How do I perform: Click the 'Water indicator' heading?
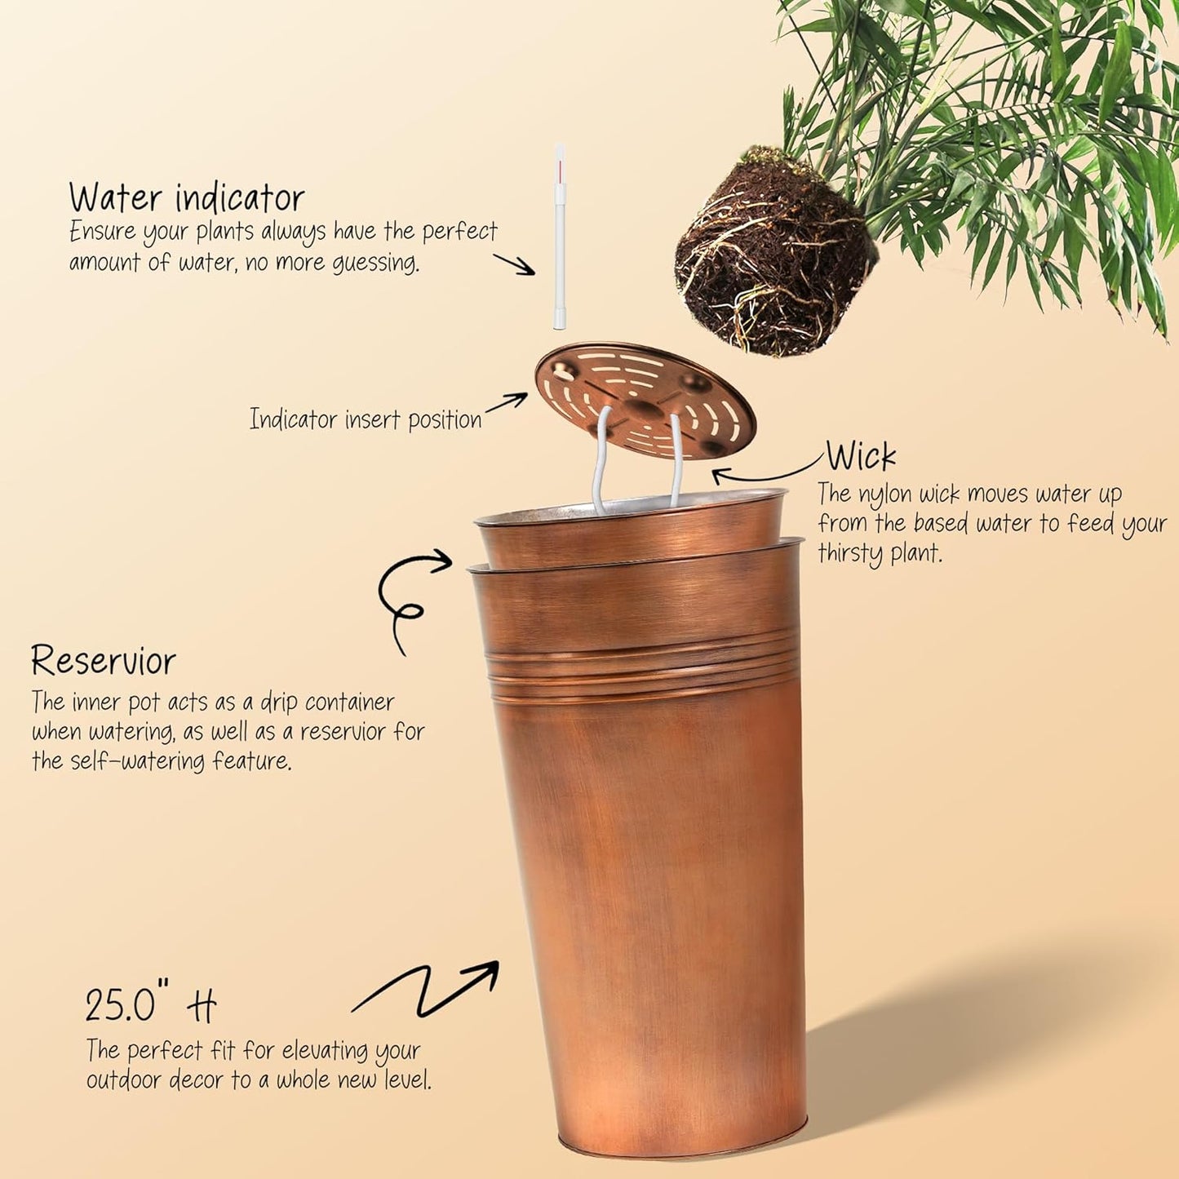pos(186,197)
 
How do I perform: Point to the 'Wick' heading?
pos(861,456)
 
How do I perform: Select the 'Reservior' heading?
pos(104,661)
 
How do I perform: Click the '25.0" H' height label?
pos(151,1005)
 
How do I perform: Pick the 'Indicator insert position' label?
pos(366,419)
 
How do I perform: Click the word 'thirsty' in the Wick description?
pos(850,554)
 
